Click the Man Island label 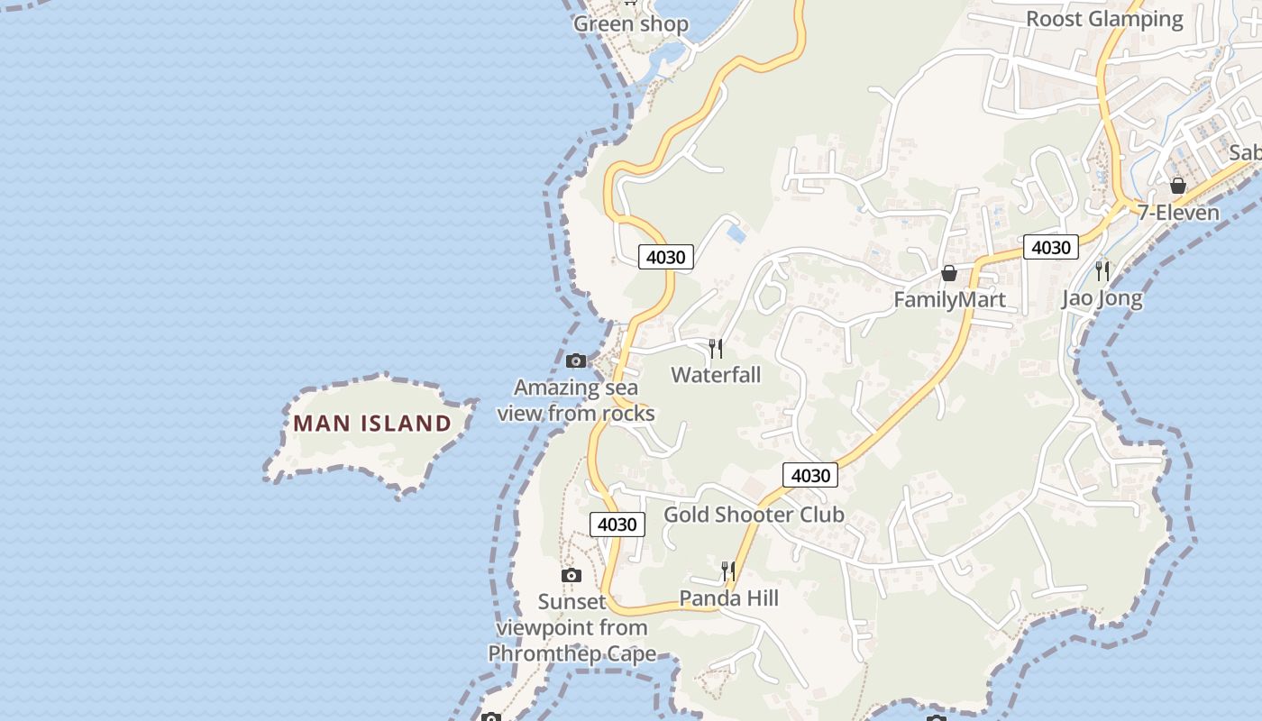point(372,423)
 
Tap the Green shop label point(631,24)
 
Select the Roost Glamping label point(1104,19)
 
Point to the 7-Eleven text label point(1177,213)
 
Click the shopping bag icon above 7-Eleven point(1177,187)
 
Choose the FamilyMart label point(949,299)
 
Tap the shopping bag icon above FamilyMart point(949,273)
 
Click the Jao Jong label point(1102,297)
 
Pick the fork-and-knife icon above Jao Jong point(1102,269)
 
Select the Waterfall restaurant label point(716,375)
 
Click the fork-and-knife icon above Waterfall point(716,349)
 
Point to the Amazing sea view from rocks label point(576,400)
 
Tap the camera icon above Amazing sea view point(576,361)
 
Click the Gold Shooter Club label point(754,515)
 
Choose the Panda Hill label point(728,598)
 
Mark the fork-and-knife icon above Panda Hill point(728,570)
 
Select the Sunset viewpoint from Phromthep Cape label point(572,627)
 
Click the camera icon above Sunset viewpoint point(571,576)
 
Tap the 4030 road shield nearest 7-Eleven point(1050,247)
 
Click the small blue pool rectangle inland point(736,233)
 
